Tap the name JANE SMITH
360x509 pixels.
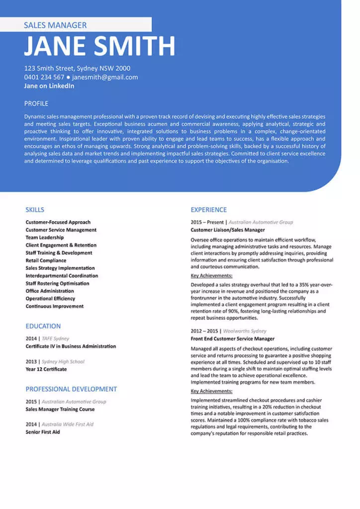(99, 46)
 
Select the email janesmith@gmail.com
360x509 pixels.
(105, 77)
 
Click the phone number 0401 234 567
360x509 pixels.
(44, 77)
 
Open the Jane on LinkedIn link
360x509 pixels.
(49, 85)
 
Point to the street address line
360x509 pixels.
(77, 68)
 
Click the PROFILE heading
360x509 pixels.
(36, 103)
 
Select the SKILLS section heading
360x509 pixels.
(35, 210)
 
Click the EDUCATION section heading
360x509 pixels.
(43, 326)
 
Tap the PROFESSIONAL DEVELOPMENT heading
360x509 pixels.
(71, 389)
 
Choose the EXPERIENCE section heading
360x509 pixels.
(208, 210)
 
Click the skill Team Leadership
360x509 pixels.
(45, 238)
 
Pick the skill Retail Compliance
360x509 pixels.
(46, 260)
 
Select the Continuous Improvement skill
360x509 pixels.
(55, 306)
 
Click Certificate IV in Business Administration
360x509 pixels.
(71, 346)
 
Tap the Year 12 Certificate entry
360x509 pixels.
(46, 369)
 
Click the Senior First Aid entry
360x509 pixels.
(43, 432)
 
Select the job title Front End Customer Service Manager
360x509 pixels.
(232, 339)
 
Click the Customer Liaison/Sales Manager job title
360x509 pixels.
(228, 230)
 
